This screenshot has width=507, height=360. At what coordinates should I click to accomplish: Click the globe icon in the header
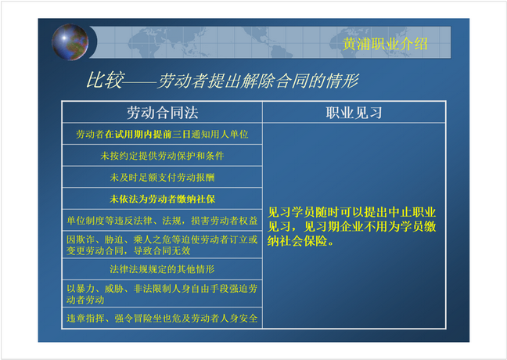tap(70, 42)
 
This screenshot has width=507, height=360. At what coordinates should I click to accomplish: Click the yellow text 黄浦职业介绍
tap(385, 44)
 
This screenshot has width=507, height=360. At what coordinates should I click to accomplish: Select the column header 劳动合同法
tap(162, 113)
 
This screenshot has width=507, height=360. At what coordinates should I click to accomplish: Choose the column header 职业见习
tap(354, 113)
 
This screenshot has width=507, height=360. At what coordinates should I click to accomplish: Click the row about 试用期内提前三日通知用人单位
tap(162, 135)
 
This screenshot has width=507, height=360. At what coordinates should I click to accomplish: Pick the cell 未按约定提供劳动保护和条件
tap(162, 156)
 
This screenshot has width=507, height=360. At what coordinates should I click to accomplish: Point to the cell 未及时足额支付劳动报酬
tap(162, 177)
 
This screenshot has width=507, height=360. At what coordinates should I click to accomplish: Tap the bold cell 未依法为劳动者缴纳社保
tap(162, 199)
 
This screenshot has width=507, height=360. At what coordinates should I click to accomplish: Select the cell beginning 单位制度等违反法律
tap(162, 220)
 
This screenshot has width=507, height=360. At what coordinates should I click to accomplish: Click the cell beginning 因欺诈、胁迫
tap(162, 245)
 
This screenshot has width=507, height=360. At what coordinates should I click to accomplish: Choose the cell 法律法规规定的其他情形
tap(162, 269)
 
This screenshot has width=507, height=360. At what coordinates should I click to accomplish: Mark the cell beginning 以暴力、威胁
tap(162, 294)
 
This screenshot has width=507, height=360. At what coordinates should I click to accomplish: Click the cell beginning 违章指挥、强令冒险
tap(162, 319)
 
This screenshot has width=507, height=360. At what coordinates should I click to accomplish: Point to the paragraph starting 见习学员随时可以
tap(351, 226)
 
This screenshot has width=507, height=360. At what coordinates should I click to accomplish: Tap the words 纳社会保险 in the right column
tap(297, 241)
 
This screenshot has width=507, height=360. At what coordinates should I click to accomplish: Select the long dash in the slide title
tap(141, 82)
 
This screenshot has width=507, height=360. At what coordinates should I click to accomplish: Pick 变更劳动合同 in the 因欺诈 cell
tap(95, 250)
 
